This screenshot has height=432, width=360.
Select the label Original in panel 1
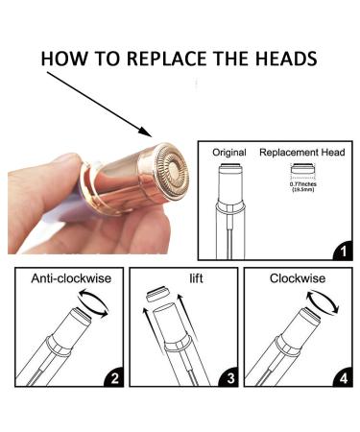(x=228, y=152)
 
